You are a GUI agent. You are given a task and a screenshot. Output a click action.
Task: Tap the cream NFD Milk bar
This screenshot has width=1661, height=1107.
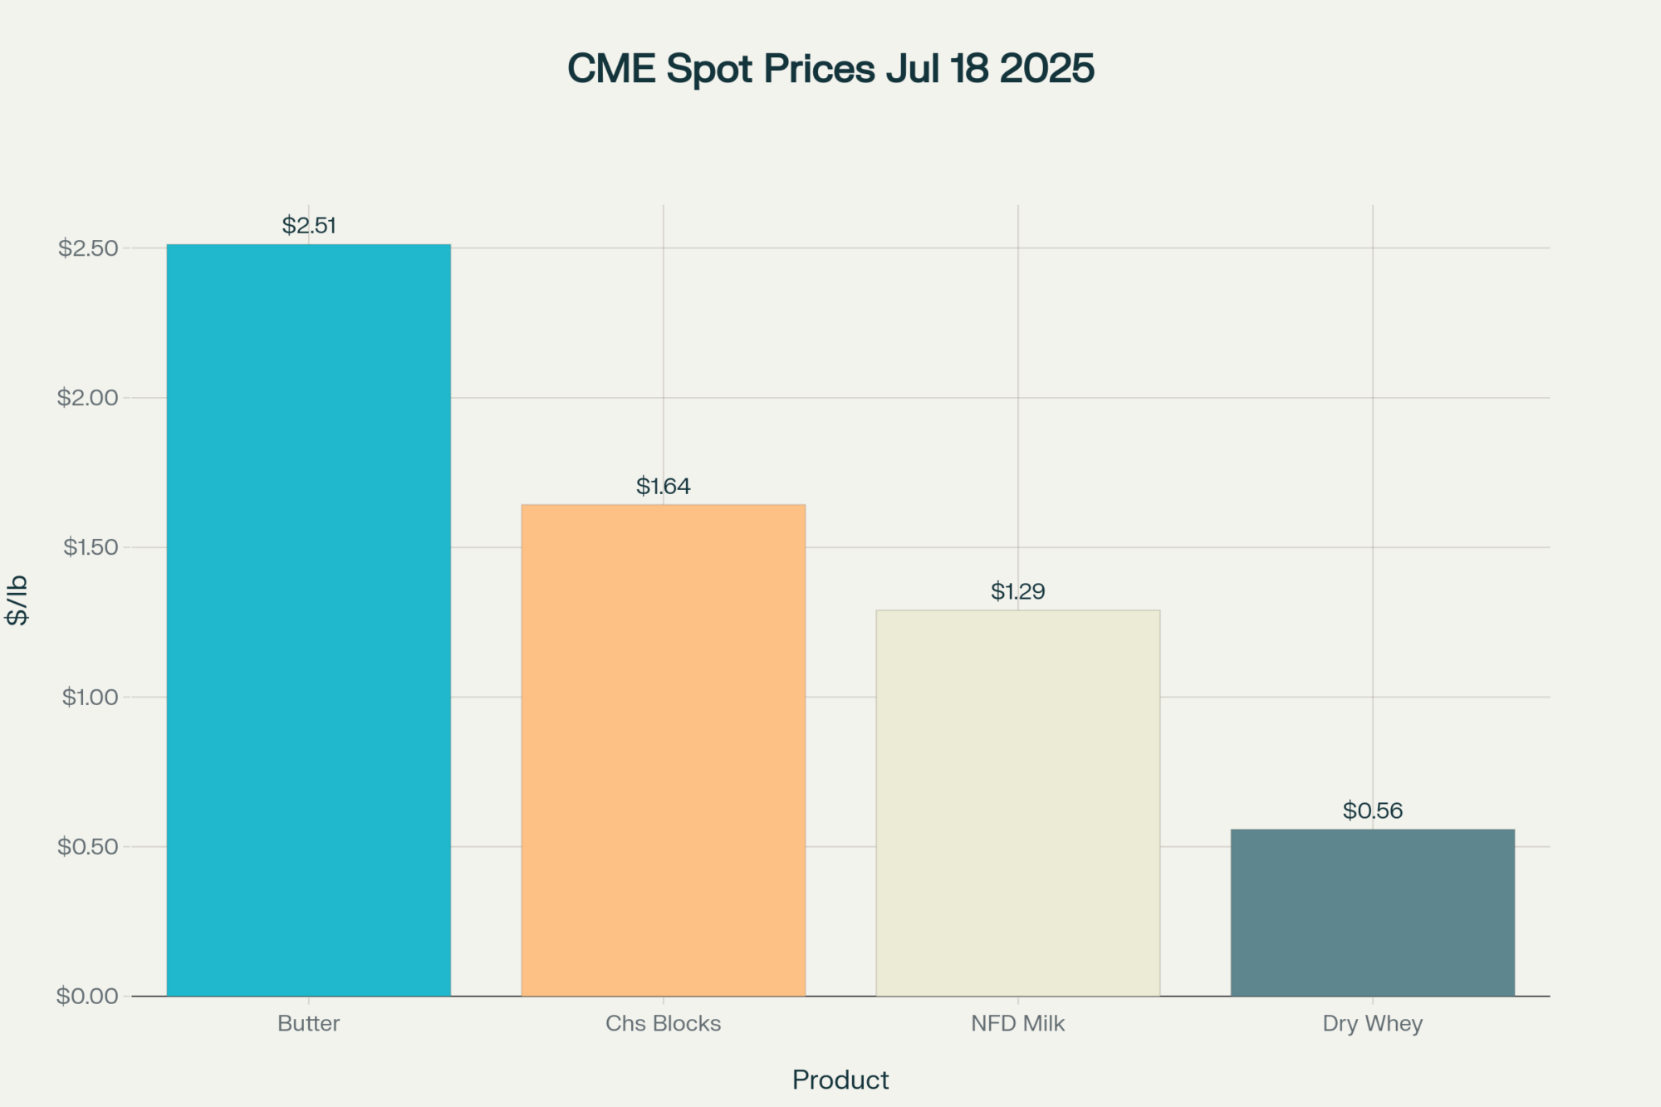pos(1017,803)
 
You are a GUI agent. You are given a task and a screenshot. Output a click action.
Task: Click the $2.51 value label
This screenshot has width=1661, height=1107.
pos(309,226)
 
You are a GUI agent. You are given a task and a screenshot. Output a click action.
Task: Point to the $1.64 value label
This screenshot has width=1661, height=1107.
pos(663,487)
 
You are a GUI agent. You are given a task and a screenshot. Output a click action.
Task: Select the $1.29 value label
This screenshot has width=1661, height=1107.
pos(1017,592)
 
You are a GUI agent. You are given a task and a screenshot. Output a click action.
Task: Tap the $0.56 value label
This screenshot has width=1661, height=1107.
pos(1372,811)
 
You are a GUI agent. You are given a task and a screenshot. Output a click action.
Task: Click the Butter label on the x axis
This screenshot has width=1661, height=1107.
pos(308,1024)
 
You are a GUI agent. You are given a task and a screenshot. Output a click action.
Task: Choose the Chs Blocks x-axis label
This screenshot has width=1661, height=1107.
pos(663,1024)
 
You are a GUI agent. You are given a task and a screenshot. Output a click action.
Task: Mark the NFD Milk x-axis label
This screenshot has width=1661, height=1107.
pos(1017,1024)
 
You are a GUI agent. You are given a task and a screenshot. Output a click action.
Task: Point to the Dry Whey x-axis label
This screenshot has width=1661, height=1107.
pos(1372,1024)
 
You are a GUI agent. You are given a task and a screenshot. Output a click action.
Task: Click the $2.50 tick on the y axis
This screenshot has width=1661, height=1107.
pos(88,248)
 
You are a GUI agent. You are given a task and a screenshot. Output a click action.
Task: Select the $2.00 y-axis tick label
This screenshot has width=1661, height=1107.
pos(88,398)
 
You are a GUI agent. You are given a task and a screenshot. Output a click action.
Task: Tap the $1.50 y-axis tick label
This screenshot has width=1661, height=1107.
pos(91,547)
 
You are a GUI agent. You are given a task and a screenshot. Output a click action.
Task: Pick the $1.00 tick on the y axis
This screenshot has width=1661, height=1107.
pos(91,697)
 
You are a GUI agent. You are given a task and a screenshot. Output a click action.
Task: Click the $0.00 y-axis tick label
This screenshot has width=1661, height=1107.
pos(88,997)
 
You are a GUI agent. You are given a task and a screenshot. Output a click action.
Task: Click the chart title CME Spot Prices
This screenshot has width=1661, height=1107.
pos(830,69)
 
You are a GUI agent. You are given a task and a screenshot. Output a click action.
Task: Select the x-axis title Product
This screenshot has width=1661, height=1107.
pos(840,1080)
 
